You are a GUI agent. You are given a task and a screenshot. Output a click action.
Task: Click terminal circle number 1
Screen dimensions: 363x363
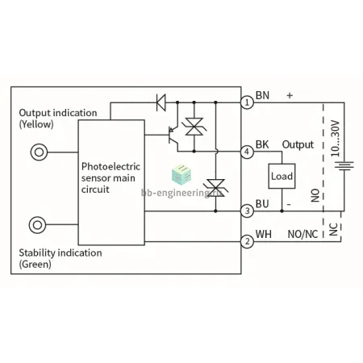(x=247, y=102)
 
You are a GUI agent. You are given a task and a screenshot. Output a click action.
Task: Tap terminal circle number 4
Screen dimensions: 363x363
(x=247, y=152)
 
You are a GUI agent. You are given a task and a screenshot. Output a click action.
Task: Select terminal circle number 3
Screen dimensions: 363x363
(x=247, y=211)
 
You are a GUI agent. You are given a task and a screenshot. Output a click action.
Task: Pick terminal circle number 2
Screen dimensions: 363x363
(x=247, y=241)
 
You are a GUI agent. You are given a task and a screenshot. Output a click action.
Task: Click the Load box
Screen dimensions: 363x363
(x=282, y=176)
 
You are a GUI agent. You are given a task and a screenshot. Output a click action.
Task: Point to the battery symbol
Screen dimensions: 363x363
(x=344, y=165)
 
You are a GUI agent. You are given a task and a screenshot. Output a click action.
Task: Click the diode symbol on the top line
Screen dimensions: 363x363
(x=161, y=102)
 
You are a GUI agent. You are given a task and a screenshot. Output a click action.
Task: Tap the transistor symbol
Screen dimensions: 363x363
(x=173, y=135)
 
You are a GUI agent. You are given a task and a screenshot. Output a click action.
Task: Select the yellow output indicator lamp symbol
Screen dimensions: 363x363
(x=39, y=152)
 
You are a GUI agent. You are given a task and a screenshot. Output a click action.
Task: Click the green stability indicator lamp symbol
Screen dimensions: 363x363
(x=37, y=225)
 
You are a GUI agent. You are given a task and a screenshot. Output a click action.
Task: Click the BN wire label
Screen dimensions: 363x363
(x=262, y=95)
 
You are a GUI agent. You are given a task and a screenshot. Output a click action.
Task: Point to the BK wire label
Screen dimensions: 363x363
(x=262, y=144)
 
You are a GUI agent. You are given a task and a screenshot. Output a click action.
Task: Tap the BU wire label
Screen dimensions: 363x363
(x=262, y=204)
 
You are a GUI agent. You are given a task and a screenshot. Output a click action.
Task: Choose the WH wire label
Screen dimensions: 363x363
(x=263, y=234)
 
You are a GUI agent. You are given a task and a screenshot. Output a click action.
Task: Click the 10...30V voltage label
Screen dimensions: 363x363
(x=336, y=139)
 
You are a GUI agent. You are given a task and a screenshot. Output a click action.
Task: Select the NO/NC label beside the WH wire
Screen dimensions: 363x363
(x=302, y=234)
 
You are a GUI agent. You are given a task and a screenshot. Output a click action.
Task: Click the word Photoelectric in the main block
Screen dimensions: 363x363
(x=111, y=166)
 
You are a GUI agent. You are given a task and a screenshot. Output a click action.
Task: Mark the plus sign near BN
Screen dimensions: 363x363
(x=290, y=95)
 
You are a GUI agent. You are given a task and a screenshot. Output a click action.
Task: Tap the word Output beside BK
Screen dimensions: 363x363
(x=298, y=144)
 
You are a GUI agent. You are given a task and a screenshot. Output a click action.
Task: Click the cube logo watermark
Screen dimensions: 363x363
(x=181, y=174)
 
